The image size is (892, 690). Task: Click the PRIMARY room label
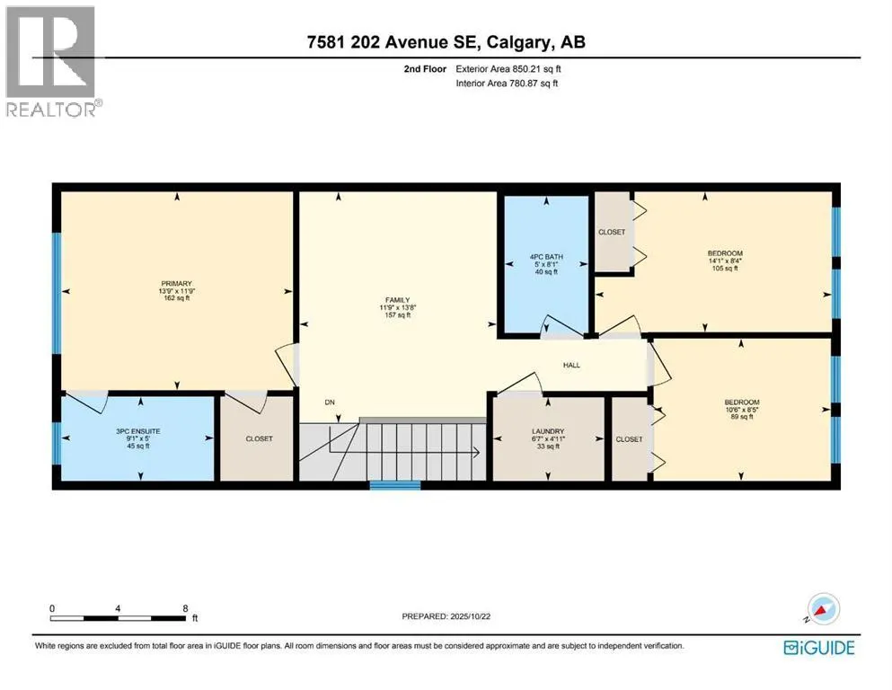(x=176, y=283)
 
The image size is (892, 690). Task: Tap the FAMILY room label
(x=398, y=300)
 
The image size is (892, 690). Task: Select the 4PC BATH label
(x=546, y=257)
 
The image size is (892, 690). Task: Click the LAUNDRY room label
(x=548, y=432)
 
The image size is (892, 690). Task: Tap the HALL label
(x=571, y=365)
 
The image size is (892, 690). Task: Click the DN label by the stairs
(x=330, y=402)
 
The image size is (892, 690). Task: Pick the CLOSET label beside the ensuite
(x=260, y=438)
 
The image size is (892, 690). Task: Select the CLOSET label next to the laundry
(x=629, y=439)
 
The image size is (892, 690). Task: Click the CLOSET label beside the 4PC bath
(x=612, y=232)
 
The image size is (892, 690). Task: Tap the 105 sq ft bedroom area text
(x=725, y=269)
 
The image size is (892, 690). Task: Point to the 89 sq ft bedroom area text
(x=742, y=416)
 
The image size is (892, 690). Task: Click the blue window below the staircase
(x=395, y=485)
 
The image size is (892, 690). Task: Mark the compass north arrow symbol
(x=822, y=609)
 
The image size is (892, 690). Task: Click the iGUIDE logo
(x=819, y=648)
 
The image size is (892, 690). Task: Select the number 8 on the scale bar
(x=185, y=608)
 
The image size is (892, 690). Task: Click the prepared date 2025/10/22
(x=471, y=616)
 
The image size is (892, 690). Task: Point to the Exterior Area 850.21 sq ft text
(x=508, y=69)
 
